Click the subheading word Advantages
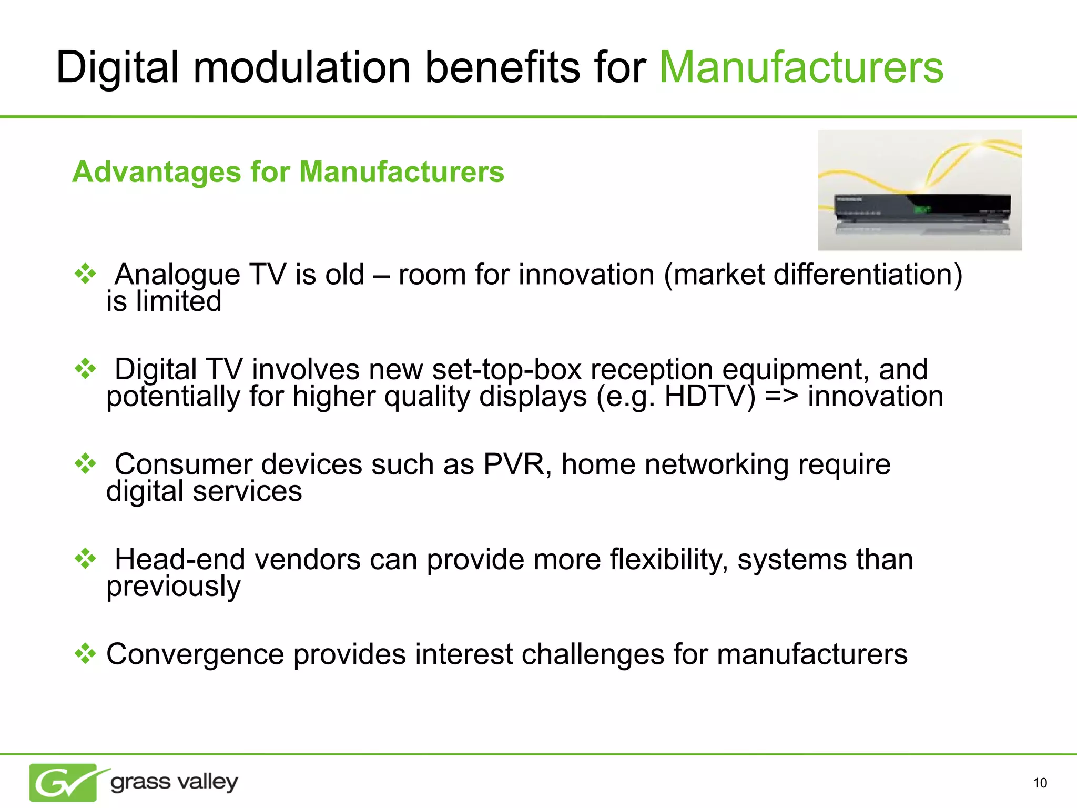pyautogui.click(x=156, y=172)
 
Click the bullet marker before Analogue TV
pyautogui.click(x=85, y=274)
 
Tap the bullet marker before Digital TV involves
pyautogui.click(x=85, y=369)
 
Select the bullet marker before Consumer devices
pyautogui.click(x=85, y=464)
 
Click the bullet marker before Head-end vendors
pyautogui.click(x=85, y=559)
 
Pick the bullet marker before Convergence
pyautogui.click(x=85, y=654)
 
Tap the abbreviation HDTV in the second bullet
pyautogui.click(x=710, y=396)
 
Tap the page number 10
pyautogui.click(x=1040, y=783)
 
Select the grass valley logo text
pyautogui.click(x=174, y=782)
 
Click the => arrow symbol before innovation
pyautogui.click(x=781, y=396)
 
